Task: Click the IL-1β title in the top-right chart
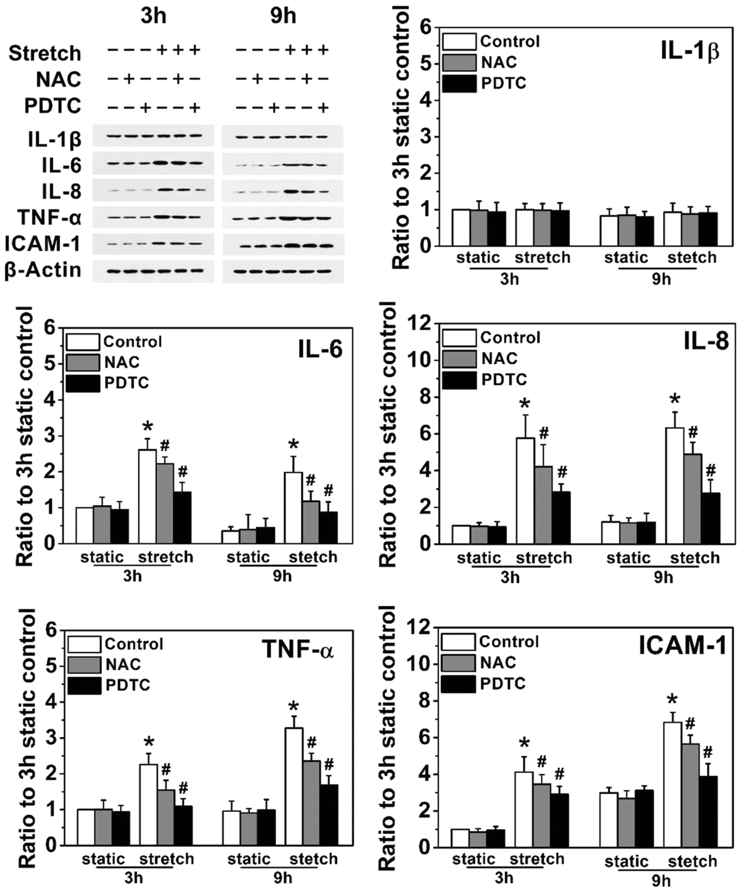coord(690,52)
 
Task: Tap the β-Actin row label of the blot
coord(43,270)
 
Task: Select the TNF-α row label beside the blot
coord(49,218)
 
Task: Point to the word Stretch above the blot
coord(45,53)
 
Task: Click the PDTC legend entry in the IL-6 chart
coord(126,383)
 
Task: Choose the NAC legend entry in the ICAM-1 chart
coord(498,662)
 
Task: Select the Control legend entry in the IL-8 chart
coord(510,338)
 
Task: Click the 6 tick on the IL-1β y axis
coord(425,27)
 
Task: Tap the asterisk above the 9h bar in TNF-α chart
coord(293,707)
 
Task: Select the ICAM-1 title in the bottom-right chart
coord(683,646)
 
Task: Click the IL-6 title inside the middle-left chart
coord(320,350)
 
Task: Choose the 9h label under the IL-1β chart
coord(661,279)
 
